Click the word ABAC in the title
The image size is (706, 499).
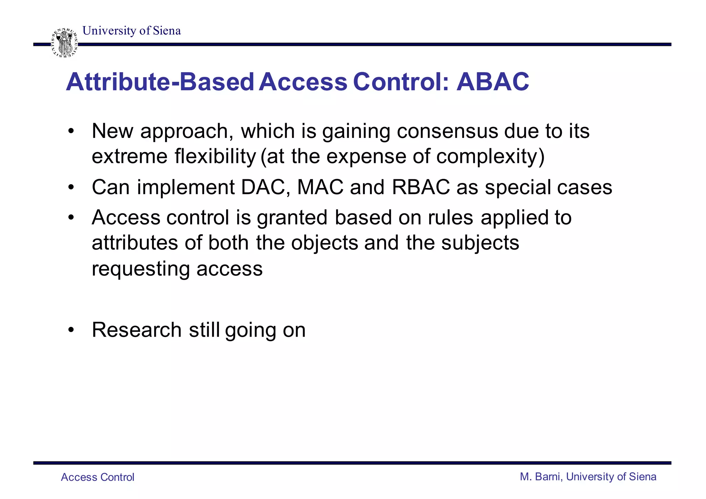pos(493,82)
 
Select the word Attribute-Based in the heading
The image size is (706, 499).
pos(160,82)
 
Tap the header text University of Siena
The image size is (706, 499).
pos(131,31)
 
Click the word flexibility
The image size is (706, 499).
pos(215,157)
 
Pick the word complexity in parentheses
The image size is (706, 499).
pos(487,157)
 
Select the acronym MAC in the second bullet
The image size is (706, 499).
pos(320,187)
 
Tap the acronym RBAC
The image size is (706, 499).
pos(421,187)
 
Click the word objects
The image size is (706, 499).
pos(325,243)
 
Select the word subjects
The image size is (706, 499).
pos(480,243)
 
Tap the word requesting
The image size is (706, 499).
pos(141,269)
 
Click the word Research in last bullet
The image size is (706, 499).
pos(137,330)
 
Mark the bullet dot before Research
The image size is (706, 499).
pos(71,330)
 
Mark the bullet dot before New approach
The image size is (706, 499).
pos(71,131)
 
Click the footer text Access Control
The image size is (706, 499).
pos(98,477)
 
